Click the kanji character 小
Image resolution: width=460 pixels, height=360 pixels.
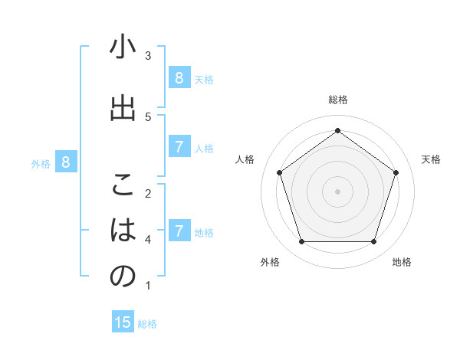(x=123, y=48)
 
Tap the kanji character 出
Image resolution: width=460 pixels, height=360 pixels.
(x=123, y=108)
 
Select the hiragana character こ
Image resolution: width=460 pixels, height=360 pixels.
(x=123, y=185)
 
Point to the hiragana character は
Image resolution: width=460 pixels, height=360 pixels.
(x=123, y=231)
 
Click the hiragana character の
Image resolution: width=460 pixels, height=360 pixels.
(x=123, y=277)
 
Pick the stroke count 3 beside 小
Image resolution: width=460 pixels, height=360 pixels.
(x=148, y=56)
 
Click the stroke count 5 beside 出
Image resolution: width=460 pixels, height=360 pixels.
(x=148, y=116)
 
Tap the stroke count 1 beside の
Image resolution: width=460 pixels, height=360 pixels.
(x=148, y=286)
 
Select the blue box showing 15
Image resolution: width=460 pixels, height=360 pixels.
(x=123, y=322)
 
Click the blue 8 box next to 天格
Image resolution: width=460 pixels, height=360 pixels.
(x=179, y=77)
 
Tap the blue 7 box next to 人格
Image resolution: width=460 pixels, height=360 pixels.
(x=179, y=147)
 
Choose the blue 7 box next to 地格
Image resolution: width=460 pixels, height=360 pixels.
(x=179, y=231)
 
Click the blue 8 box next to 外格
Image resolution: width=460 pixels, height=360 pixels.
(x=66, y=162)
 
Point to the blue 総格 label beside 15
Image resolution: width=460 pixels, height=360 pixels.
(x=147, y=324)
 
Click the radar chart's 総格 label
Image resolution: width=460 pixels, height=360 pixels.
(x=337, y=100)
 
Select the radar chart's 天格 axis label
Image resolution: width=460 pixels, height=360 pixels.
(x=431, y=159)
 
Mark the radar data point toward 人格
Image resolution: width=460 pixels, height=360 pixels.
(x=279, y=172)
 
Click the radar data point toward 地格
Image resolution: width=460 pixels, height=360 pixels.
(x=373, y=242)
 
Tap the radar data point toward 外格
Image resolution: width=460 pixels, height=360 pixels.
(x=301, y=242)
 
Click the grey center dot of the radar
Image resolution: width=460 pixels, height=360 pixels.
(x=337, y=191)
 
